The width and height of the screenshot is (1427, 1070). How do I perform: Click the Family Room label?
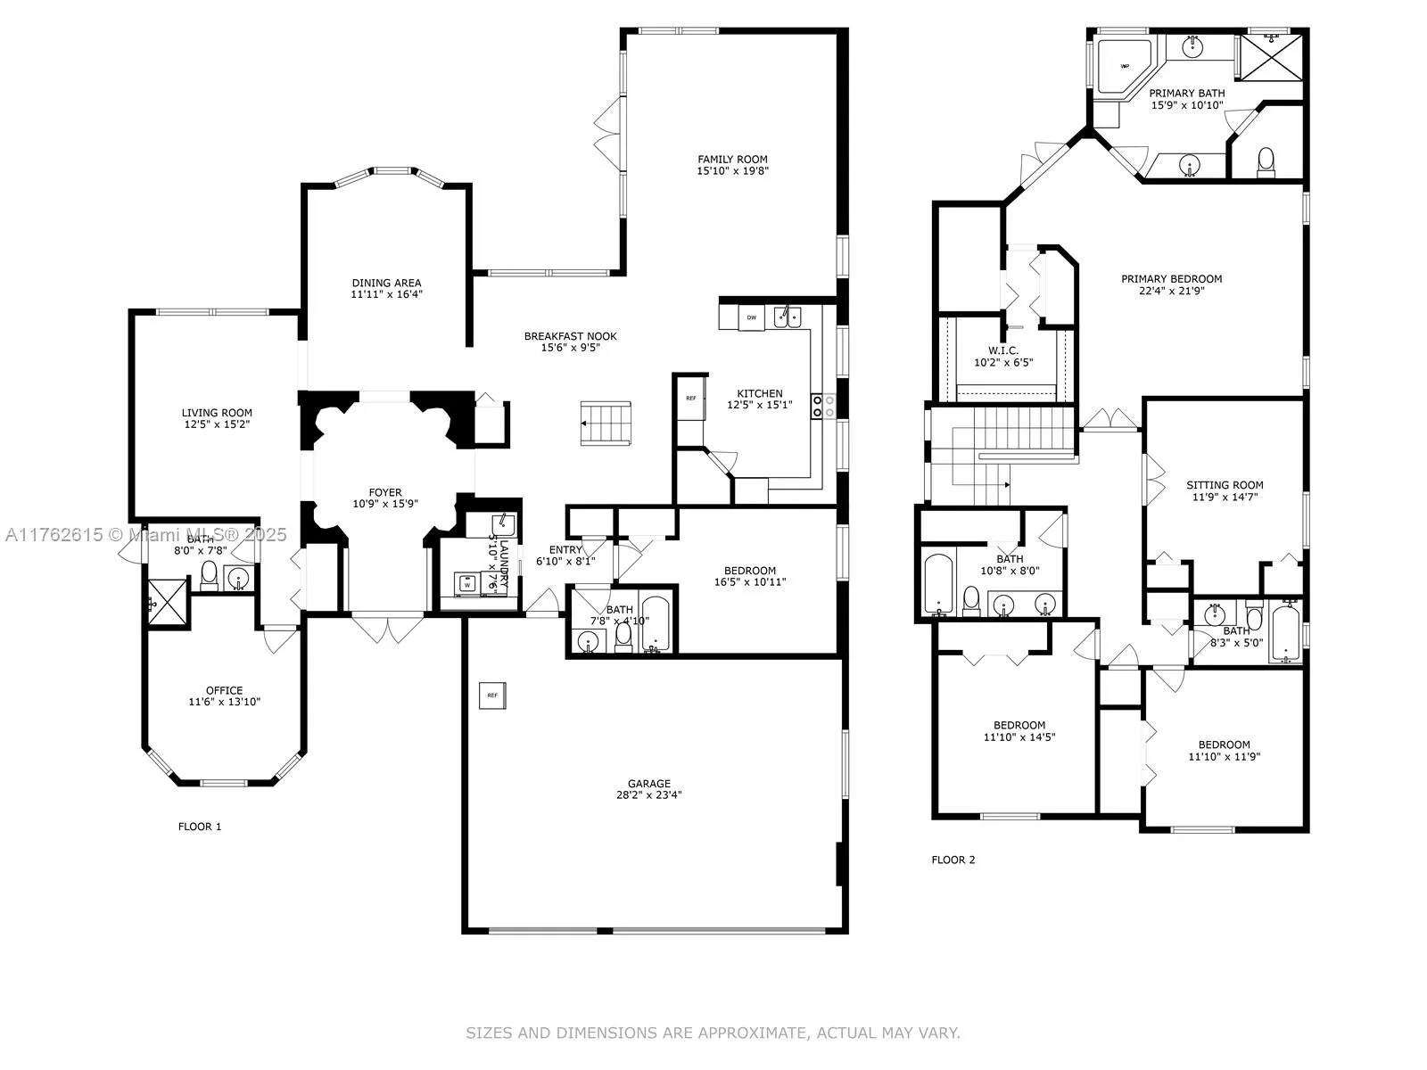(732, 160)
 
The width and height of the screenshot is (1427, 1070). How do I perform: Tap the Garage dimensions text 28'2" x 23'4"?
(648, 795)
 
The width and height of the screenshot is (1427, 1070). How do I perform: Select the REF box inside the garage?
(491, 695)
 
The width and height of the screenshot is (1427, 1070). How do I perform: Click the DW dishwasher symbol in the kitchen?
(751, 317)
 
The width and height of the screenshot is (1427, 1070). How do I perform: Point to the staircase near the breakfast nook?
(606, 423)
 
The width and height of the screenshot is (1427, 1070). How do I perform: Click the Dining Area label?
(386, 283)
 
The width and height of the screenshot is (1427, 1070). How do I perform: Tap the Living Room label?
(217, 413)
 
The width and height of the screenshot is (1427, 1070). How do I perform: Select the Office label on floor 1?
(224, 690)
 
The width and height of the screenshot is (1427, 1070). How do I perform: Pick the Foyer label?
(385, 492)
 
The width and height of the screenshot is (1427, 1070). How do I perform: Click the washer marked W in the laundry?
(466, 585)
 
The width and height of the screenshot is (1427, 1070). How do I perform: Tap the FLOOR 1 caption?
(200, 827)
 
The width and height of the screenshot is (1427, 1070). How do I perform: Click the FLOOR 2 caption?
(953, 860)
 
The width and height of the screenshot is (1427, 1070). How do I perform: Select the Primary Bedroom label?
(1171, 279)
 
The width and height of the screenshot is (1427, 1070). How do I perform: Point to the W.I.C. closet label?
(1003, 350)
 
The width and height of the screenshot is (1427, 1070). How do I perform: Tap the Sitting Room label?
(1225, 485)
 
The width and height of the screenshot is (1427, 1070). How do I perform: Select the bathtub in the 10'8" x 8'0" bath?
(938, 584)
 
